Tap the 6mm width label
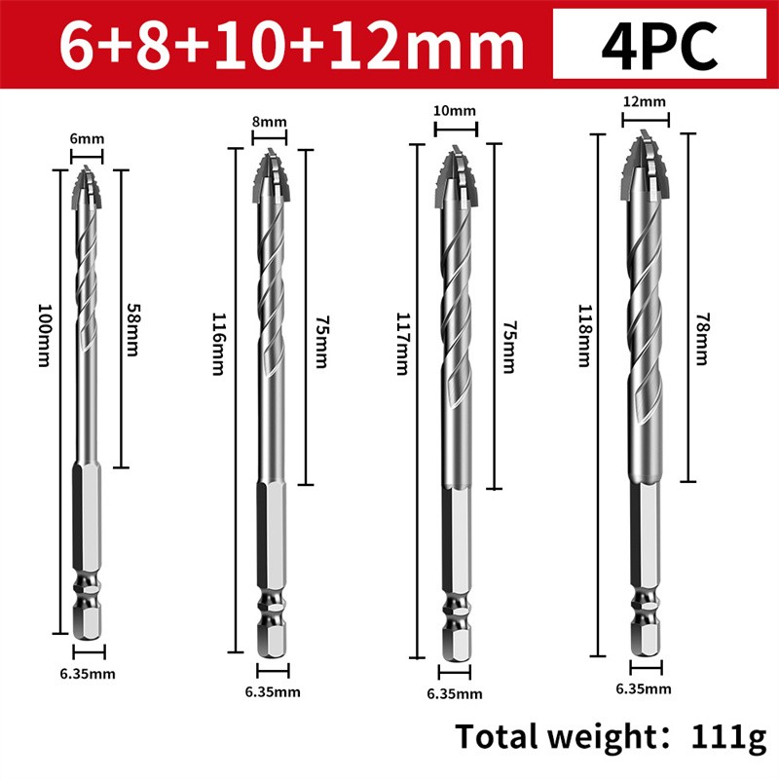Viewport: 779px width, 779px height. (88, 139)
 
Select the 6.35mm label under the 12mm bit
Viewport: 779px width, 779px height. (643, 688)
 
